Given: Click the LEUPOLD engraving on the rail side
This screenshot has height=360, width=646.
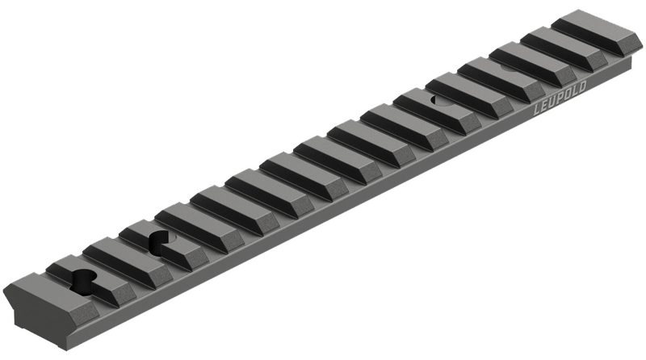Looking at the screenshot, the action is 560,98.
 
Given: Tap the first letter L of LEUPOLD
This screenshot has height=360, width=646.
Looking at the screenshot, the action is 537,110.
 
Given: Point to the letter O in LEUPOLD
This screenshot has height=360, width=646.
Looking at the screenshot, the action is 568,94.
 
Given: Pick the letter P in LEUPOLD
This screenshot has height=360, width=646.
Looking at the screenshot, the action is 560,98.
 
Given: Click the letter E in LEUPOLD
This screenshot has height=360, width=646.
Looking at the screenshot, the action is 544,107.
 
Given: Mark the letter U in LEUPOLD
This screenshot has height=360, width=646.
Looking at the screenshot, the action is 552,103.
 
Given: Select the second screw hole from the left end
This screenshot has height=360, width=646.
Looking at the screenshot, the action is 161,242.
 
